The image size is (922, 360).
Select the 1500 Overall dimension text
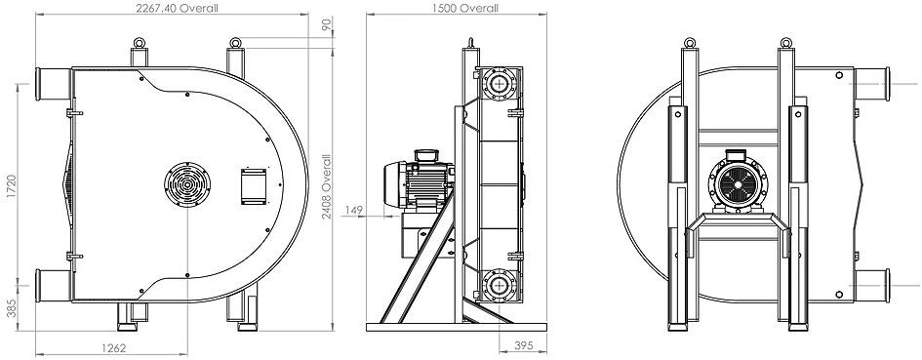click(x=465, y=8)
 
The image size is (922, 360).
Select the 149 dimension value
click(x=354, y=210)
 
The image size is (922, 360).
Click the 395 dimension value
click(x=522, y=345)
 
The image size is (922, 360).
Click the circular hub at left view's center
click(x=187, y=185)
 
